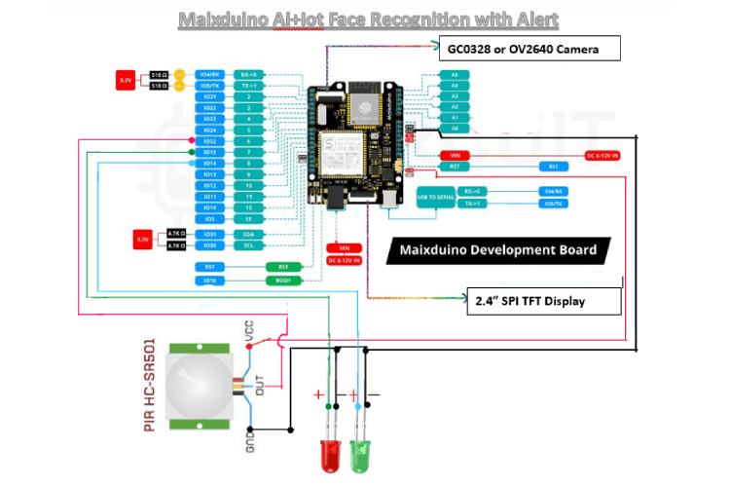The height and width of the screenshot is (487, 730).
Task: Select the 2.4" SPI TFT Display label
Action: point(543,301)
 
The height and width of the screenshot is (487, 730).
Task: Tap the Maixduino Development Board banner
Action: point(498,250)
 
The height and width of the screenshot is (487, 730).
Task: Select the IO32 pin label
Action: point(210,141)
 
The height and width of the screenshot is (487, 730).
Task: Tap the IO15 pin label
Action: point(210,153)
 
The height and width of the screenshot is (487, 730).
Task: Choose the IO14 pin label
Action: point(210,164)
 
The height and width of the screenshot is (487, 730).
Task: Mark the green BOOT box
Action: point(282,281)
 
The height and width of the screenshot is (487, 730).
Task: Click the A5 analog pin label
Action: point(454,74)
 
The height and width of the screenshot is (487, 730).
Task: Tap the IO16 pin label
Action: point(210,281)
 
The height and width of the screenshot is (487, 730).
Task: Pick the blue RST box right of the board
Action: point(553,167)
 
